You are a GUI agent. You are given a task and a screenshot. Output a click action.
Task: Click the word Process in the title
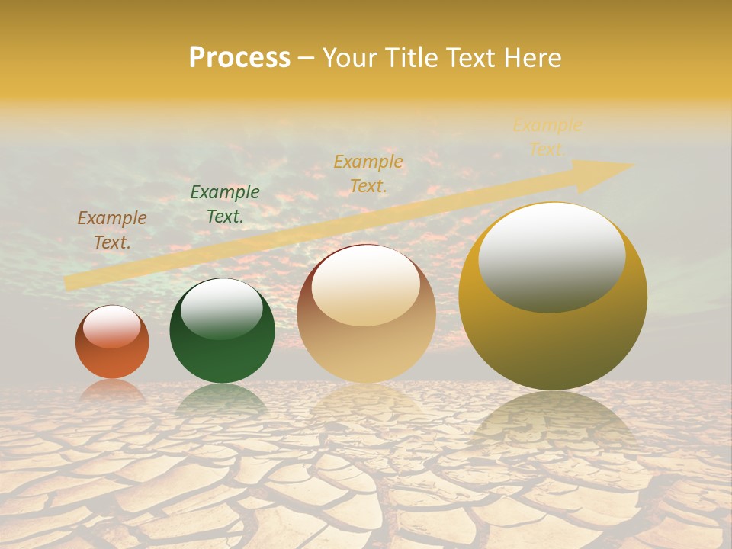[239, 58]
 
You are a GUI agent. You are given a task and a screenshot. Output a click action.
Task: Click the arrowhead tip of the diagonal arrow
[631, 165]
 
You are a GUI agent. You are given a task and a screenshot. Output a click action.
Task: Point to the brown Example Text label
[112, 230]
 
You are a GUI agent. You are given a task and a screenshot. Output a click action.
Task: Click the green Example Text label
[225, 204]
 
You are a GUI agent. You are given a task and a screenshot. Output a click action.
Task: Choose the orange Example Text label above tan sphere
[368, 173]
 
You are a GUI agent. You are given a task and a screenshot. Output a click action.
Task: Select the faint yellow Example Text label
[547, 137]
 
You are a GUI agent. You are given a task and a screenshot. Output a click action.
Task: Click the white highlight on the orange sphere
[112, 327]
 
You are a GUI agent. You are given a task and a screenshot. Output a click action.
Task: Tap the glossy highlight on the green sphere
[222, 309]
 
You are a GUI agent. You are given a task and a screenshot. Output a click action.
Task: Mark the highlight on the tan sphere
[366, 287]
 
